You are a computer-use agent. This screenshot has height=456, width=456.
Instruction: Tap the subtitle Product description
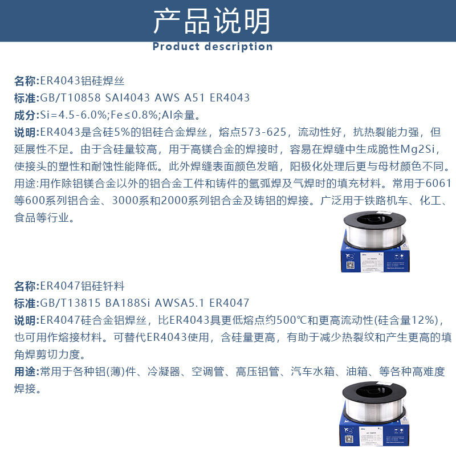click(x=212, y=47)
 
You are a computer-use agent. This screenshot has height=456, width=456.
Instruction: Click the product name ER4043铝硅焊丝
click(x=82, y=81)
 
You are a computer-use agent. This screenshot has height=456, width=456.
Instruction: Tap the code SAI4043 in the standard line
click(x=129, y=98)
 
